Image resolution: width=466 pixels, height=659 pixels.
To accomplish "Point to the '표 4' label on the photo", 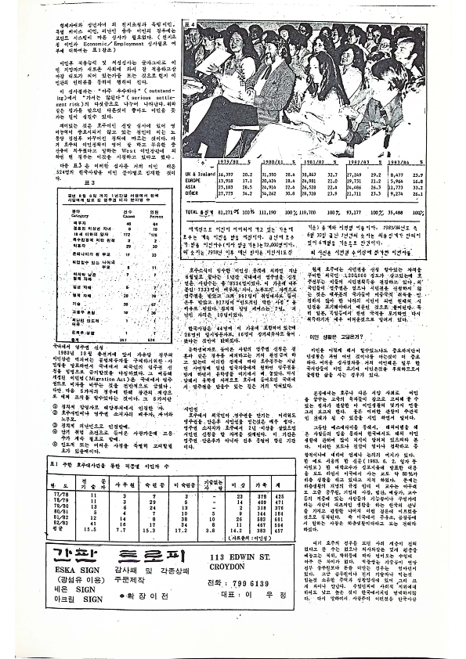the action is (189, 25).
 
